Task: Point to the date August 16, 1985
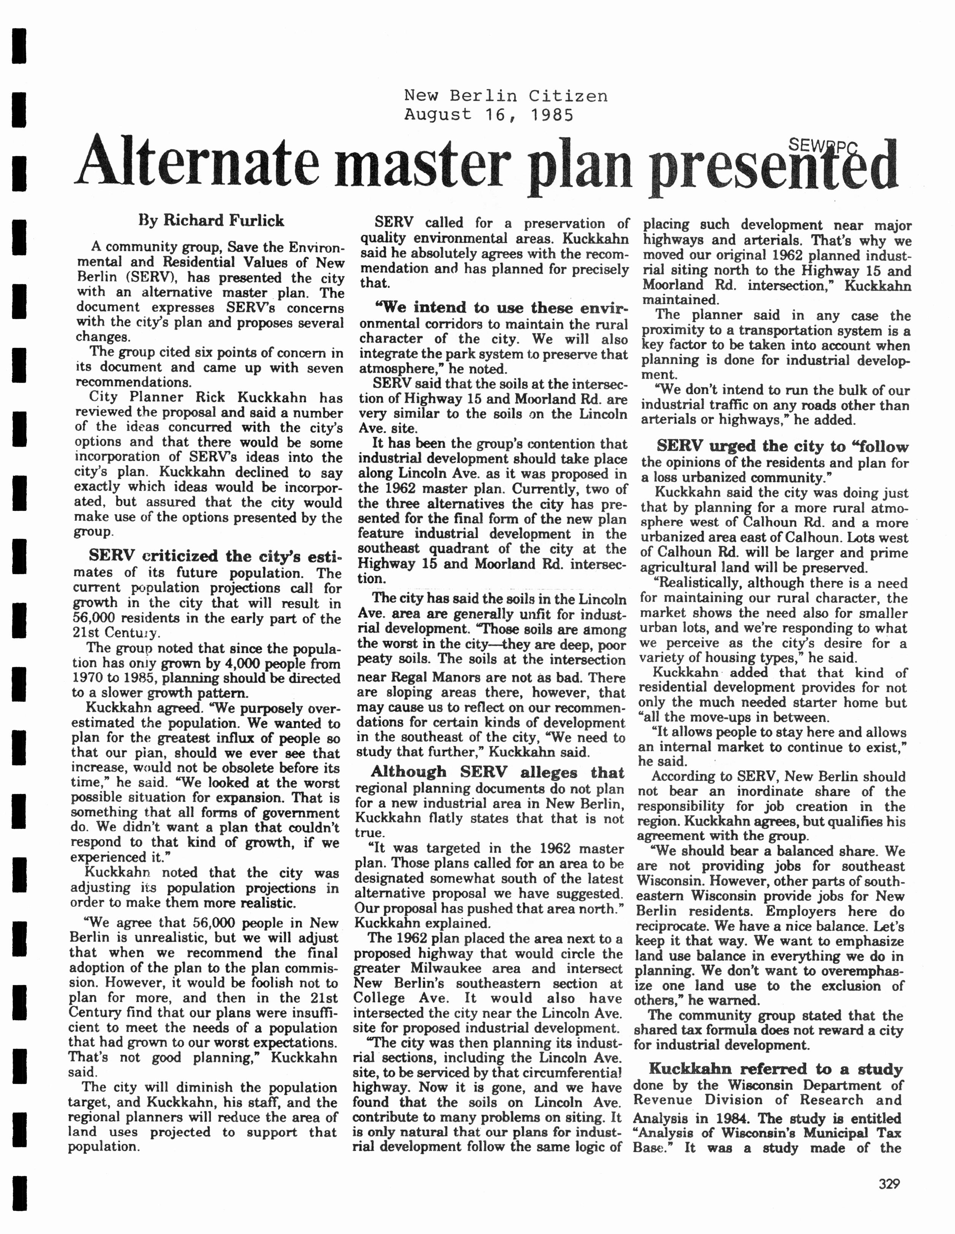pyautogui.click(x=489, y=115)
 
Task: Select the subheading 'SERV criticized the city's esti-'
pyautogui.click(x=215, y=556)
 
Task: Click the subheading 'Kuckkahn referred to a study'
pyautogui.click(x=775, y=1068)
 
